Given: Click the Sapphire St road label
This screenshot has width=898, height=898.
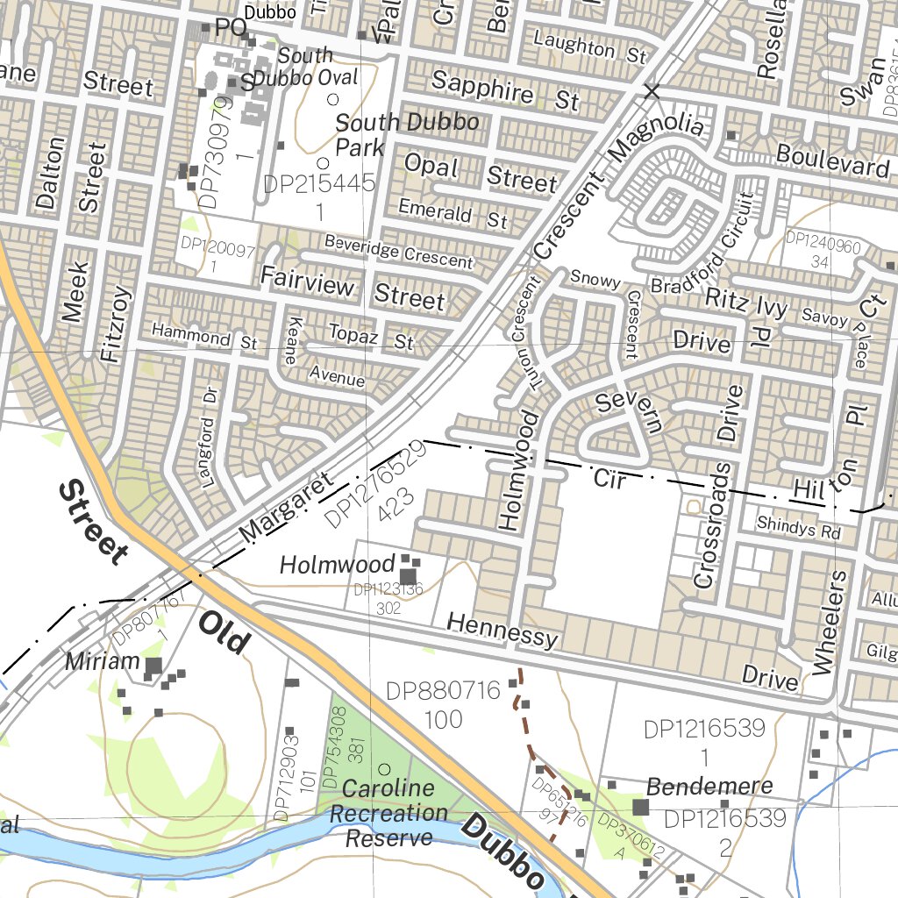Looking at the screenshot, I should [506, 91].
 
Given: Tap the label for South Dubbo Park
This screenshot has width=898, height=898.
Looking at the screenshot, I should [407, 134].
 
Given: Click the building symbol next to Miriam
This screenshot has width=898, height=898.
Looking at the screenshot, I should [153, 667].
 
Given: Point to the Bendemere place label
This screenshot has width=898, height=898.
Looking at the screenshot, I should [709, 786].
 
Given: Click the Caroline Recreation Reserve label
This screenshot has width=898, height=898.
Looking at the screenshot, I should [388, 813].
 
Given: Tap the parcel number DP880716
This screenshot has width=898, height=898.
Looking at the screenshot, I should [443, 692].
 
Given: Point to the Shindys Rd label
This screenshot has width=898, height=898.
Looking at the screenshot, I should [798, 531].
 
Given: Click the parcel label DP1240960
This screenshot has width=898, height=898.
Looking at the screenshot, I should [823, 239].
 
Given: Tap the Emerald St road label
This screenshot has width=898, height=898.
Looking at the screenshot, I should [453, 213].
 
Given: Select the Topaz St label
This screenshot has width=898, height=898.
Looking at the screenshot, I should [370, 336].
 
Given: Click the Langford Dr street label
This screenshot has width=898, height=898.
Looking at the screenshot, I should [207, 452].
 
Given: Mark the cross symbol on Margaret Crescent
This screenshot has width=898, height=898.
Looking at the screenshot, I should [651, 90].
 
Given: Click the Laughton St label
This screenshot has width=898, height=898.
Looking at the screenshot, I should [589, 48].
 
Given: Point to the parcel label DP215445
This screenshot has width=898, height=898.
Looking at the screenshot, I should [319, 184].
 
